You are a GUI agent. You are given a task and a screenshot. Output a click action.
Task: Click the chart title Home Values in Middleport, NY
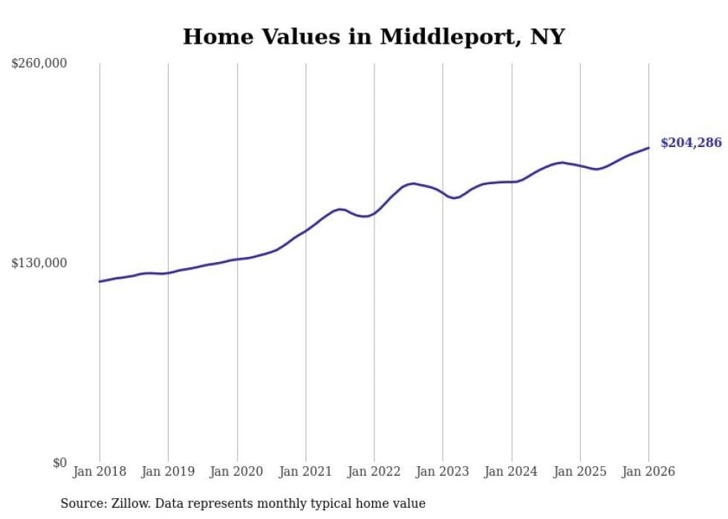[x=374, y=36]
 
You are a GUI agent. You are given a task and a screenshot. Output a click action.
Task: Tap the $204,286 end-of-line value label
[x=690, y=143]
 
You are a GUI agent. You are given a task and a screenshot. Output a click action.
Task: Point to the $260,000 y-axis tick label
[x=39, y=64]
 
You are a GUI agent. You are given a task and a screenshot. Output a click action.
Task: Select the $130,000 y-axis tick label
[x=39, y=263]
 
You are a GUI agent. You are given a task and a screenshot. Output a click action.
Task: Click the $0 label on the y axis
[x=59, y=463]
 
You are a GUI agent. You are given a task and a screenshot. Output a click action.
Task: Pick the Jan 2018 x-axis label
[x=100, y=471]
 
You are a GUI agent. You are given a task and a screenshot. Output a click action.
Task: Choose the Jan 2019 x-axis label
[x=168, y=471]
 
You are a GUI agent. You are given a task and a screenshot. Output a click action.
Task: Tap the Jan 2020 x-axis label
[x=237, y=471]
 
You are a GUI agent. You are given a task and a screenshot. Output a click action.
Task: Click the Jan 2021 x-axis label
[x=305, y=471]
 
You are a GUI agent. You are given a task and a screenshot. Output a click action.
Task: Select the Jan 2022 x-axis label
[x=374, y=471]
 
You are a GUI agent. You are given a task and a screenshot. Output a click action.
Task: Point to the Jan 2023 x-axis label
[x=443, y=471]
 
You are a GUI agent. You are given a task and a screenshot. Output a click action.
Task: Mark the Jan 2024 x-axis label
[x=511, y=471]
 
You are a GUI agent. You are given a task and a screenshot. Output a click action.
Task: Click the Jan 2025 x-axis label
[x=580, y=471]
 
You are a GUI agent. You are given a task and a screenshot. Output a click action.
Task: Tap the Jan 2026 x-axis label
[x=649, y=471]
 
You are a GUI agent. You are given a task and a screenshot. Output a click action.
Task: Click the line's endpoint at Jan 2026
[x=649, y=148]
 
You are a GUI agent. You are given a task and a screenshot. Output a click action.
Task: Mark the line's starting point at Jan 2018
[x=100, y=281]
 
